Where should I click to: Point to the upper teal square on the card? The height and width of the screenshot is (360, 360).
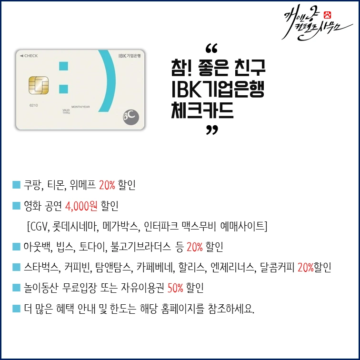coord(62,65)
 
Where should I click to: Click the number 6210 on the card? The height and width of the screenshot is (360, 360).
coord(33,105)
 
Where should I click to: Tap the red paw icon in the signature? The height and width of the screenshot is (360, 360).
coord(327,14)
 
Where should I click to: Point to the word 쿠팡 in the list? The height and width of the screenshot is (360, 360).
coord(32,185)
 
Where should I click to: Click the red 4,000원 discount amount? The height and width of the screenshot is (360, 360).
coord(81,206)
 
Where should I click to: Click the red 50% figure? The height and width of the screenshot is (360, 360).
coord(176,288)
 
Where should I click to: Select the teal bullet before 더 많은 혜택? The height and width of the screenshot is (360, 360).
coord(16,309)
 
